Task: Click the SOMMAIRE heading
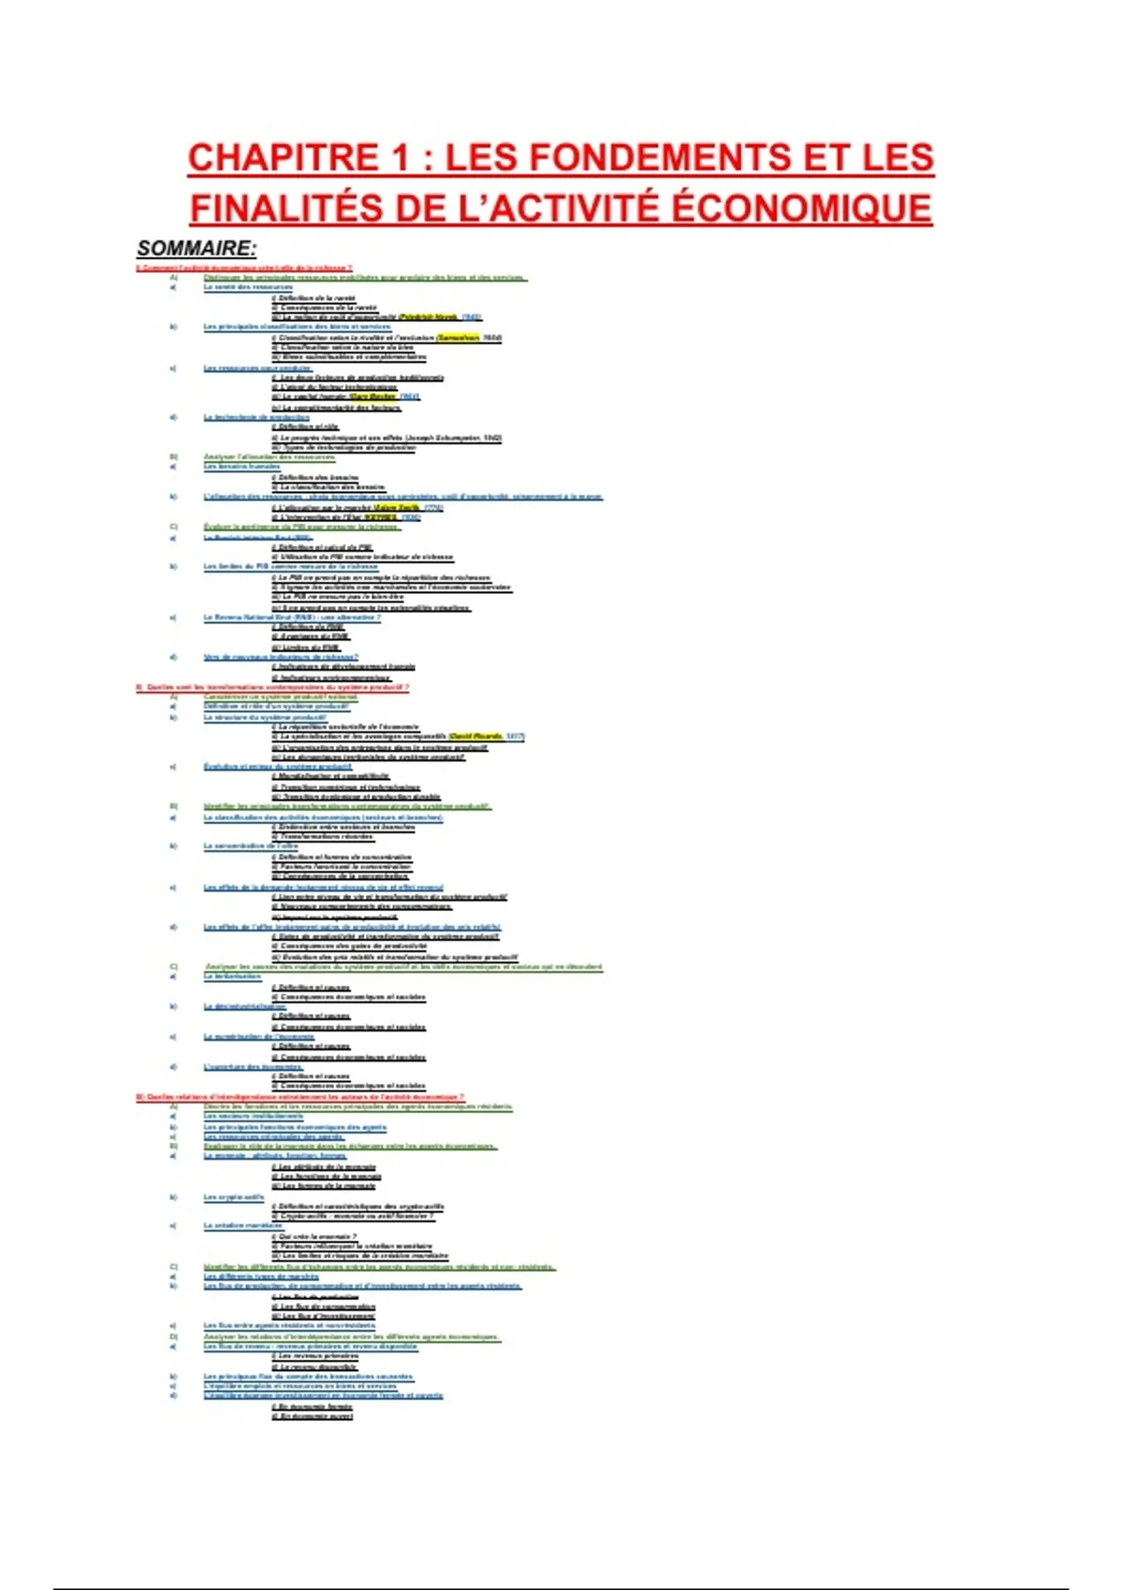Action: pos(197,249)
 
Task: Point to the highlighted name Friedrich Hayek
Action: pos(428,317)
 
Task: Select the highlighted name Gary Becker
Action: pos(372,397)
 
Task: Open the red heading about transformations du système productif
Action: pos(272,687)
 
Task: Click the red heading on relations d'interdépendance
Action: pos(299,1096)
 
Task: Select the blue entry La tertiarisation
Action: pos(232,976)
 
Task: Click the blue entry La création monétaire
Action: pos(242,1225)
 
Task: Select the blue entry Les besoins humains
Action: pos(241,467)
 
